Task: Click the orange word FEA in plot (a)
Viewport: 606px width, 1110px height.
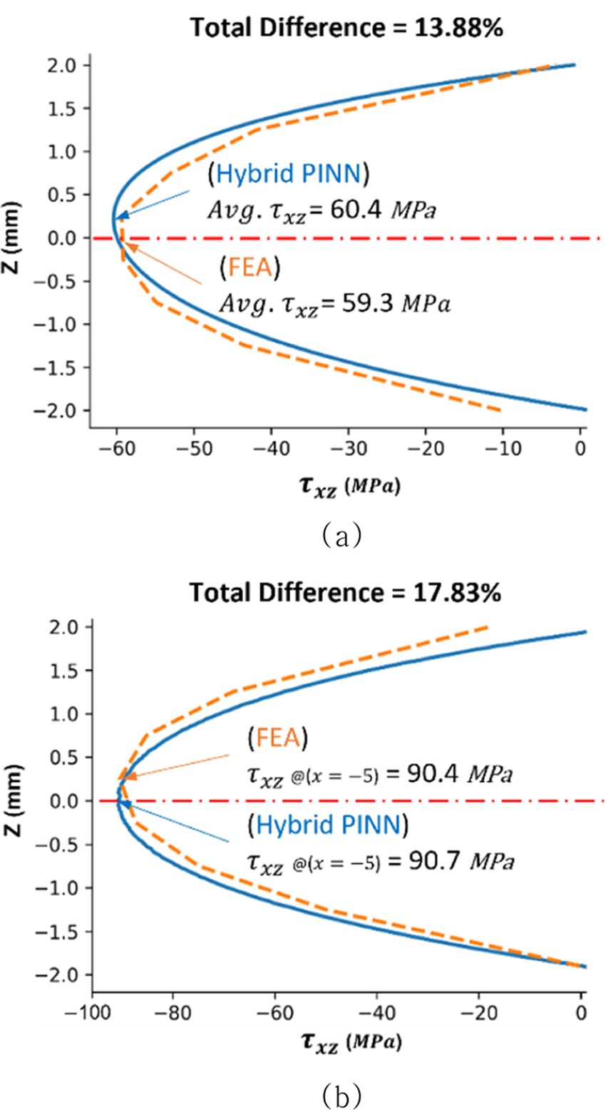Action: click(250, 268)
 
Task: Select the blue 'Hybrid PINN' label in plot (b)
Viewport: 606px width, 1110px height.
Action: click(328, 825)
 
